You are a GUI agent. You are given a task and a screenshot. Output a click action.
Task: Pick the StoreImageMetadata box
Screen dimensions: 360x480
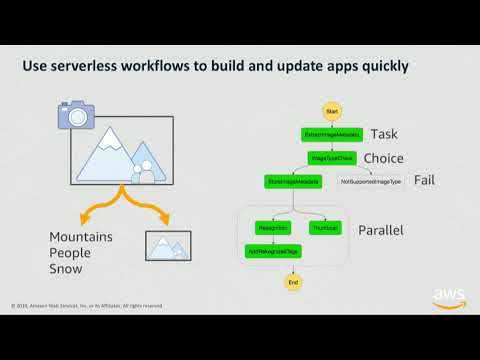pos(293,182)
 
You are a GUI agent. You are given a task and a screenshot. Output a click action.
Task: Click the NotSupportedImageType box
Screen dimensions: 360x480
pos(371,182)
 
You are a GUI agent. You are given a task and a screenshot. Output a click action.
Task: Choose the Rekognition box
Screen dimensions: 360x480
pos(273,229)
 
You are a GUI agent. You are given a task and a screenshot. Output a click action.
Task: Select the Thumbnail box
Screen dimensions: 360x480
pos(325,229)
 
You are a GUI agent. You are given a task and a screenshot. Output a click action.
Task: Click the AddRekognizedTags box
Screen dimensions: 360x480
pos(273,250)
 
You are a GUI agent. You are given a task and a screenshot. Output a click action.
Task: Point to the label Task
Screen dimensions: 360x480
pos(384,134)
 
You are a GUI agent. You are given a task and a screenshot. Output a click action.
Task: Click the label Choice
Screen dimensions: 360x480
pos(383,158)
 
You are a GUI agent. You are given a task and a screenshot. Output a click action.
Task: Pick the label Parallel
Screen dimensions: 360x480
pos(380,230)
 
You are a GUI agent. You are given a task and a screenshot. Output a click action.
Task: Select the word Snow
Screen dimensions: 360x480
pos(67,269)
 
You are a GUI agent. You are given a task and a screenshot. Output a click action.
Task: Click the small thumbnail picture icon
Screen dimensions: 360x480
pos(168,245)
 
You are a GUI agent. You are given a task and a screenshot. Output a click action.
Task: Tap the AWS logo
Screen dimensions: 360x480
pos(449,297)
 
